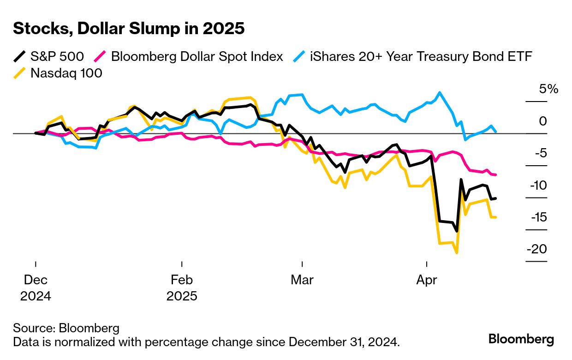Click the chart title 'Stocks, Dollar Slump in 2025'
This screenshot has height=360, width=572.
[129, 29]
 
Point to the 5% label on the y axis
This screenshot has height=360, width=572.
[548, 89]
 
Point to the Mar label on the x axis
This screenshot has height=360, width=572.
[302, 280]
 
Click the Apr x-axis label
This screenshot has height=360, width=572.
[427, 280]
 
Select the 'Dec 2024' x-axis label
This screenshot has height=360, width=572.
[36, 288]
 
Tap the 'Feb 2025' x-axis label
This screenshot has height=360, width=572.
[182, 288]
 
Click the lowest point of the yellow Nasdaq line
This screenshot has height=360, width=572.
[457, 253]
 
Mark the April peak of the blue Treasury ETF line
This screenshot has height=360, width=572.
[440, 92]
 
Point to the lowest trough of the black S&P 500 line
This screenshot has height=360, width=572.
[457, 231]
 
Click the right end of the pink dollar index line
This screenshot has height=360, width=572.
[495, 174]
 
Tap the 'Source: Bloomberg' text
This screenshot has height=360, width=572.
[66, 328]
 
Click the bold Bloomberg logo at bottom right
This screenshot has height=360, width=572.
[521, 339]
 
